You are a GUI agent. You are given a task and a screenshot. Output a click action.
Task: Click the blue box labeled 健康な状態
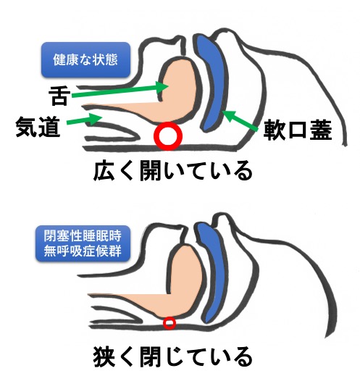(85, 59)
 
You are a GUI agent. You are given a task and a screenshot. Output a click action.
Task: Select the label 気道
(38, 126)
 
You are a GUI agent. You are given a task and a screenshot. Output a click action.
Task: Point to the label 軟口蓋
(298, 130)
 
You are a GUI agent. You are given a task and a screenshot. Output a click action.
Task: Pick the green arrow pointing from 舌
(120, 91)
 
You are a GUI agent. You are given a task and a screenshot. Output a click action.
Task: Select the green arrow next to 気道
(84, 120)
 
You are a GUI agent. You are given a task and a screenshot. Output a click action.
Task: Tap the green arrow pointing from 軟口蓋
(240, 120)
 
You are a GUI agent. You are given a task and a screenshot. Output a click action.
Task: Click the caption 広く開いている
(173, 170)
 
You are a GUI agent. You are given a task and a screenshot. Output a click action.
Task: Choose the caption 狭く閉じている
(173, 356)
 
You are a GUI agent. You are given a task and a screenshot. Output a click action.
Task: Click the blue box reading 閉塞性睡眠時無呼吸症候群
(83, 243)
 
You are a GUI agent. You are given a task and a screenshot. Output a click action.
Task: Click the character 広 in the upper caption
(104, 171)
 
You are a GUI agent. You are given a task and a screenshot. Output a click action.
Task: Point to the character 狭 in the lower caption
(104, 356)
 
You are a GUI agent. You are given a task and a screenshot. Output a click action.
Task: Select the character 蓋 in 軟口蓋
(321, 130)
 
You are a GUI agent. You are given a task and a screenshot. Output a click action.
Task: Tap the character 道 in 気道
(49, 126)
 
